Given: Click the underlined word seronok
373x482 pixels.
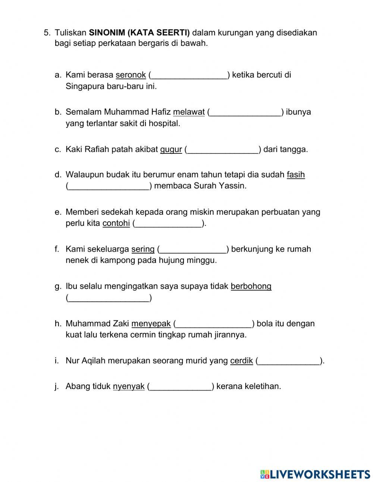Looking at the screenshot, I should pyautogui.click(x=131, y=75).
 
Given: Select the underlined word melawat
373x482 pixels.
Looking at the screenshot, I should pyautogui.click(x=189, y=112).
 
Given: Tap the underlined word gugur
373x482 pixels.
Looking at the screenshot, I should pyautogui.click(x=171, y=150).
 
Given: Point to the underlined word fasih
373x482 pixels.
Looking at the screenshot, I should pyautogui.click(x=295, y=175).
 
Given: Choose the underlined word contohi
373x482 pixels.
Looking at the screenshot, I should pyautogui.click(x=116, y=223).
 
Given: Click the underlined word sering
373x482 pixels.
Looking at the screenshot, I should pyautogui.click(x=143, y=249).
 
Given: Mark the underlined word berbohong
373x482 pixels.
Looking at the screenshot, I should pyautogui.click(x=251, y=286).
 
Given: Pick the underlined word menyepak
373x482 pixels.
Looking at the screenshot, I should pyautogui.click(x=151, y=324).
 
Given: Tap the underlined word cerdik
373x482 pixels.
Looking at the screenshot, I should pyautogui.click(x=241, y=361).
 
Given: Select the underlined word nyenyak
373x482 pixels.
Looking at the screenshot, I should pyautogui.click(x=129, y=386).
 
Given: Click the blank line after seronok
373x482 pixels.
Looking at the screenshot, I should pyautogui.click(x=189, y=76).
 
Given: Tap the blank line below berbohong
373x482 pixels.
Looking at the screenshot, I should pyautogui.click(x=109, y=299).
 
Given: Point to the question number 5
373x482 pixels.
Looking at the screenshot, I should pyautogui.click(x=47, y=33).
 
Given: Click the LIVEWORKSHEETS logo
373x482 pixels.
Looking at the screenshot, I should pyautogui.click(x=315, y=474).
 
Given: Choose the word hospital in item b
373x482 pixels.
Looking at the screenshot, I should pyautogui.click(x=164, y=124).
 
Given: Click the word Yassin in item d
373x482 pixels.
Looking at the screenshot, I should pyautogui.click(x=234, y=186).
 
